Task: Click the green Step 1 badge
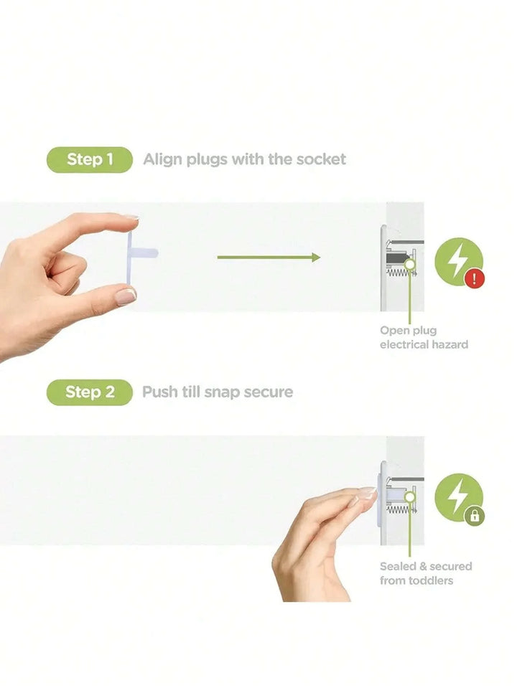[89, 159]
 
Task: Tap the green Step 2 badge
[89, 392]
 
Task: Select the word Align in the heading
[162, 160]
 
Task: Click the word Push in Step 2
[160, 392]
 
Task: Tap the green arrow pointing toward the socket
[269, 257]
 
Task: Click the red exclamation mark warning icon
[475, 278]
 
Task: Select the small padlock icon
[475, 516]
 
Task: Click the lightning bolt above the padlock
[457, 496]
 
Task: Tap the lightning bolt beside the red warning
[457, 260]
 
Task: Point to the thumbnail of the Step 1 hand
[125, 296]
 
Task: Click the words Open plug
[408, 331]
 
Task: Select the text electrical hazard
[424, 344]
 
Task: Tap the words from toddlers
[416, 580]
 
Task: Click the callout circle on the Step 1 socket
[410, 264]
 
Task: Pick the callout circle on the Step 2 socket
[410, 496]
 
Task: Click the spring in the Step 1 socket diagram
[401, 273]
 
